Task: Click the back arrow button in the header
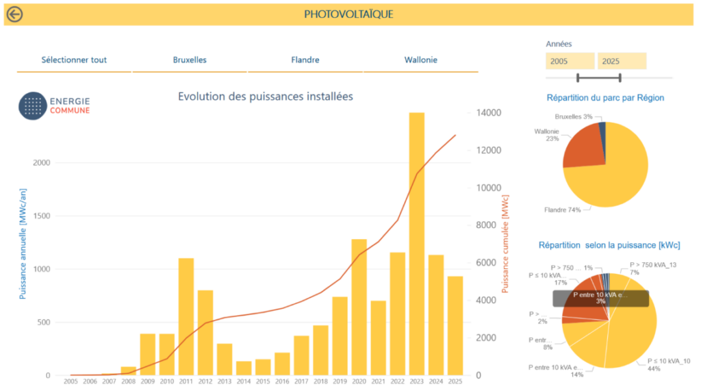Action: (14, 14)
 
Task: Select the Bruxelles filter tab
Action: (190, 60)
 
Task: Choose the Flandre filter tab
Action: (305, 60)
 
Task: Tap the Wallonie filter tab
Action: (420, 60)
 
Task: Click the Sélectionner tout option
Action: (74, 60)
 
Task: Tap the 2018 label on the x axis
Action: (320, 381)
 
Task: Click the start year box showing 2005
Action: (570, 61)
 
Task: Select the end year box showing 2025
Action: (622, 61)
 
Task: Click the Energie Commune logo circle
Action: (31, 105)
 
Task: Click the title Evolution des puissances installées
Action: (266, 97)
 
